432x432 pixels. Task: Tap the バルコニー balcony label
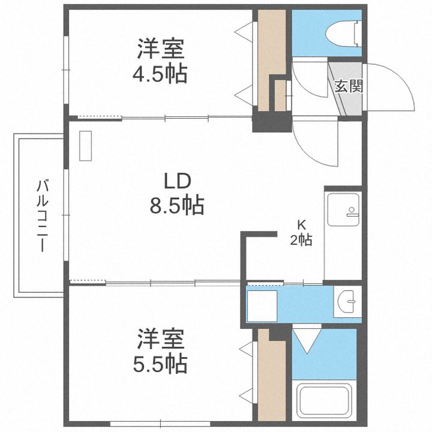point(41,215)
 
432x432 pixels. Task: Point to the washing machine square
point(262,305)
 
